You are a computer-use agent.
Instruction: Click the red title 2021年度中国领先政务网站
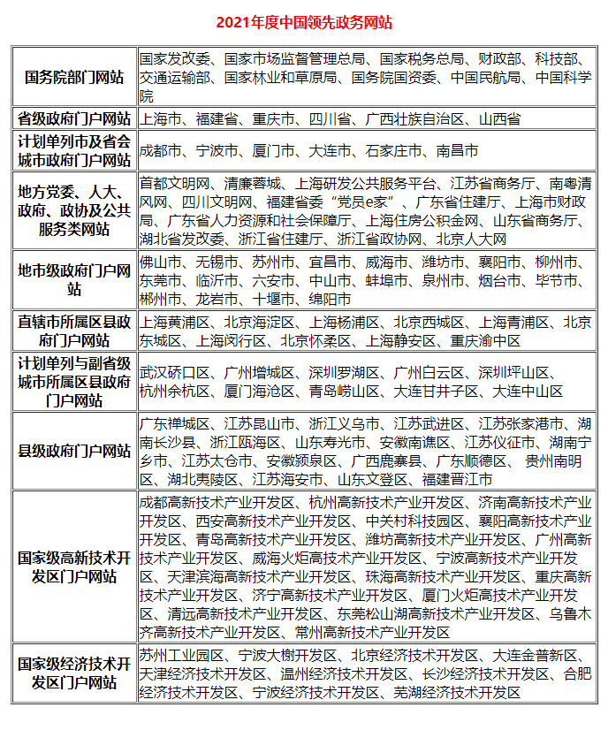(x=304, y=22)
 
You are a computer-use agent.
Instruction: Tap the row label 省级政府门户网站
(x=74, y=118)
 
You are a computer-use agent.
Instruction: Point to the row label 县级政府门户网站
(x=74, y=451)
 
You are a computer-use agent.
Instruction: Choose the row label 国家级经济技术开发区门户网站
(x=74, y=674)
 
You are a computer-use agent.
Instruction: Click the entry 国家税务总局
(x=422, y=59)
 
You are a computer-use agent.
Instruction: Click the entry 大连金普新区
(x=535, y=656)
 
